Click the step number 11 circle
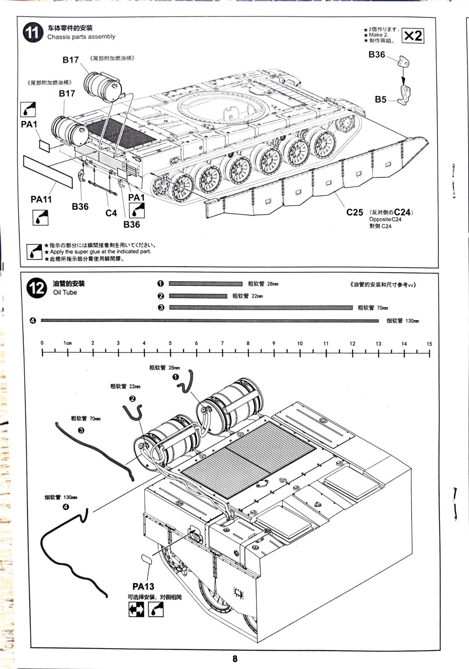point(32,33)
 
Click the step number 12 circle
point(37,288)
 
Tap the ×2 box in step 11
point(413,36)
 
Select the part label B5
point(381,99)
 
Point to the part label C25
point(355,212)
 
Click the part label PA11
point(41,199)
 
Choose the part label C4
point(111,213)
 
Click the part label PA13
point(143,586)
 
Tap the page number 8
point(235,658)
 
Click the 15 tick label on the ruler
point(429,344)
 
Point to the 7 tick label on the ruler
point(222,344)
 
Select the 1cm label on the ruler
point(67,343)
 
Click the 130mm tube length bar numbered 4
point(210,321)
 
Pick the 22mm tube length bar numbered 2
point(198,296)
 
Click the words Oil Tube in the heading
point(65,292)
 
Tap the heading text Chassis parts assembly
point(81,37)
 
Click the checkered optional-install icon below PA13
point(136,610)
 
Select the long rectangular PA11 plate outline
point(48,171)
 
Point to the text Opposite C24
point(385,219)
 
